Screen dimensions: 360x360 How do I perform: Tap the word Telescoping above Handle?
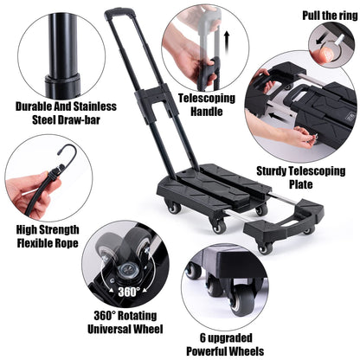tap(207, 99)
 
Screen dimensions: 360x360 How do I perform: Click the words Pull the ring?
tap(330, 16)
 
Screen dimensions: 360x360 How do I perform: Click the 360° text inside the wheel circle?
tap(129, 292)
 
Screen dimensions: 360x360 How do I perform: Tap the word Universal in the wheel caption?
tap(111, 329)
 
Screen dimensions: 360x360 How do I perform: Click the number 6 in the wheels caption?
tap(202, 337)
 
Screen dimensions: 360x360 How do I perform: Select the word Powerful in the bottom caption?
tap(206, 351)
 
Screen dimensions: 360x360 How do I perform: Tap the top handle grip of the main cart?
tap(119, 12)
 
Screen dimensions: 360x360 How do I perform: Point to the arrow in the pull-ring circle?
tap(322, 40)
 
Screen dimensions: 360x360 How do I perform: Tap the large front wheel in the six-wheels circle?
tap(242, 300)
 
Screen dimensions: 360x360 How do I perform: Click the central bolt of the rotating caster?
tap(127, 270)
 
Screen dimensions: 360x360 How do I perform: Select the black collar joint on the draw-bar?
tap(62, 84)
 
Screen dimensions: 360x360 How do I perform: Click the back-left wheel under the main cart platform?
tap(174, 207)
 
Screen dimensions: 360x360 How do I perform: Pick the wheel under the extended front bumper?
tap(265, 248)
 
